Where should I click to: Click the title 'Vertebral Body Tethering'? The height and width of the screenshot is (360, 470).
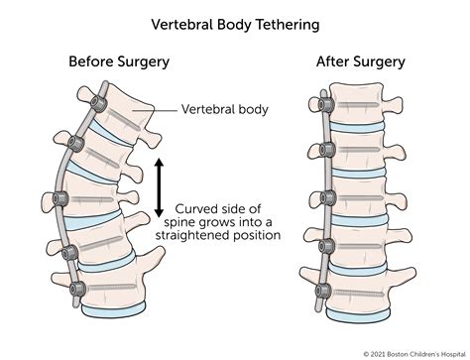(235, 25)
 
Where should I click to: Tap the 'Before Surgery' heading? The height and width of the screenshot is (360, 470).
(119, 61)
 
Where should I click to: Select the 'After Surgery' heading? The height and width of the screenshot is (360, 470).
(361, 61)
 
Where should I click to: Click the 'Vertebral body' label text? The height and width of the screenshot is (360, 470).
(225, 109)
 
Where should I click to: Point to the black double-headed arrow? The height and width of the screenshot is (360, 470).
(159, 187)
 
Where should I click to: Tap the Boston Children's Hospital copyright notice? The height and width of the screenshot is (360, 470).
(415, 354)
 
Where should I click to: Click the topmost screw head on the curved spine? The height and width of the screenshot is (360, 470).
(98, 104)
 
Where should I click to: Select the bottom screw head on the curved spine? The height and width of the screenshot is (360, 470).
(77, 290)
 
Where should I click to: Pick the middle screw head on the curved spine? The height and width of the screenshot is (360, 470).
(60, 199)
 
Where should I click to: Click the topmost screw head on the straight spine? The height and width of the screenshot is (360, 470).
(325, 104)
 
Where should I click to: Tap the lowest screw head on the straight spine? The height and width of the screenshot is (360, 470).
(323, 291)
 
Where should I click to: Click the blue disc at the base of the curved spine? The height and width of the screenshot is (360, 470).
(113, 310)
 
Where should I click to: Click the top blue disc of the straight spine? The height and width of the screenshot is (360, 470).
(358, 127)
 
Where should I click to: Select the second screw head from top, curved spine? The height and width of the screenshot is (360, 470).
(75, 143)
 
